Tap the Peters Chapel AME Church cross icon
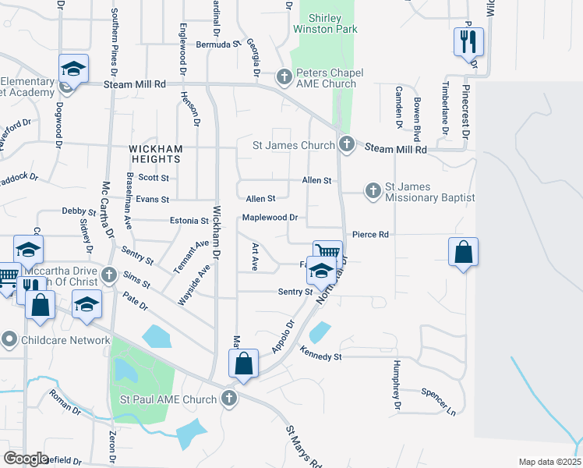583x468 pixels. pyautogui.click(x=284, y=77)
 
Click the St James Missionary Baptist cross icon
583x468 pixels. pyautogui.click(x=373, y=190)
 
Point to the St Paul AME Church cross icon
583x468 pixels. pyautogui.click(x=228, y=399)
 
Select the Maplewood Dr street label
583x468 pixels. pyautogui.click(x=270, y=218)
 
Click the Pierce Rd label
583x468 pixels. pyautogui.click(x=370, y=234)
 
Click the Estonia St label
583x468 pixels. pyautogui.click(x=190, y=222)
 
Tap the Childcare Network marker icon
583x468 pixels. pyautogui.click(x=9, y=339)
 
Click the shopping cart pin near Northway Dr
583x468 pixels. pyautogui.click(x=328, y=253)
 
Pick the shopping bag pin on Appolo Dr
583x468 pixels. pyautogui.click(x=243, y=363)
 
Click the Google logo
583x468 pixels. pyautogui.click(x=26, y=459)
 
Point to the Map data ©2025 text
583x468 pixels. pyautogui.click(x=549, y=462)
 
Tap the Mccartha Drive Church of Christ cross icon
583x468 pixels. pyautogui.click(x=108, y=275)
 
